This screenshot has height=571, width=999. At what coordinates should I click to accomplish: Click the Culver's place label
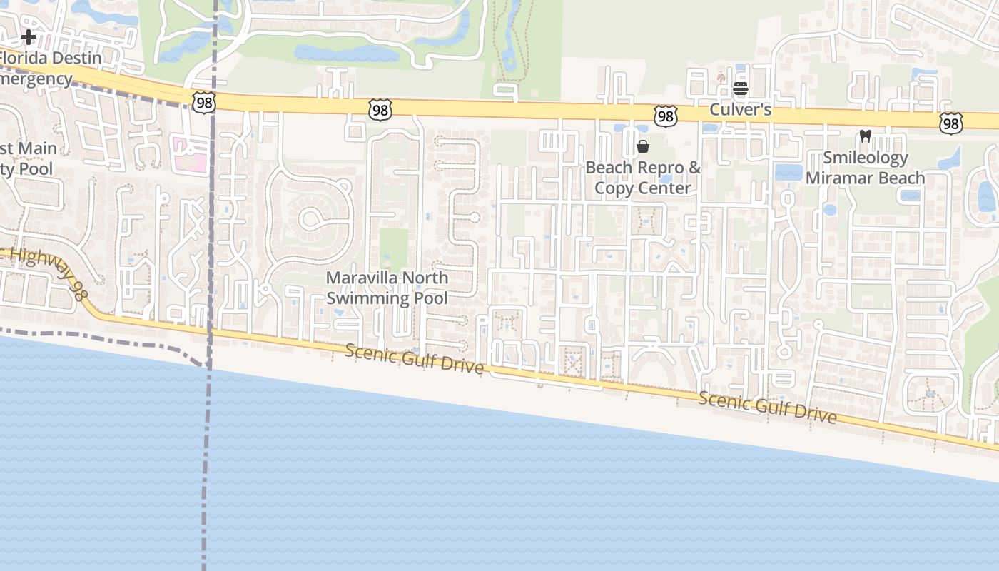tap(740, 110)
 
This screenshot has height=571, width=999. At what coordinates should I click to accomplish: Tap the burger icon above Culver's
tap(740, 89)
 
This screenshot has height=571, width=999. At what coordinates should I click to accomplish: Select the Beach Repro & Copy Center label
tap(643, 178)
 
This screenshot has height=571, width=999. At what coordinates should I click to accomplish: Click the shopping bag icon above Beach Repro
tap(643, 146)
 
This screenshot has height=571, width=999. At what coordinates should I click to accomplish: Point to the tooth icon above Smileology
tap(866, 136)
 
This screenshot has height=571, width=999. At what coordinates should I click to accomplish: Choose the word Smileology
tap(866, 158)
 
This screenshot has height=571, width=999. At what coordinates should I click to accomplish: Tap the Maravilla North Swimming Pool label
tap(387, 288)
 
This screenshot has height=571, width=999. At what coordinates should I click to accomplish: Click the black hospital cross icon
tap(29, 36)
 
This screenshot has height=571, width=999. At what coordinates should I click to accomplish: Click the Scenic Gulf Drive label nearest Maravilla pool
tap(414, 359)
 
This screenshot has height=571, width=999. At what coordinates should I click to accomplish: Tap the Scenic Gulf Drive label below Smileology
tap(767, 407)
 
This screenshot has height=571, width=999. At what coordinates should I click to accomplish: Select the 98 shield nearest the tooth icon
tap(950, 123)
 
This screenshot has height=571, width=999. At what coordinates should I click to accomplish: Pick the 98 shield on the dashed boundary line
tap(203, 101)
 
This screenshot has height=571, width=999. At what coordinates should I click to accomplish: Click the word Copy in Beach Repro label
tap(613, 188)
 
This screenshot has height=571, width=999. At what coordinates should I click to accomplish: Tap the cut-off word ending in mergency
tap(36, 79)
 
